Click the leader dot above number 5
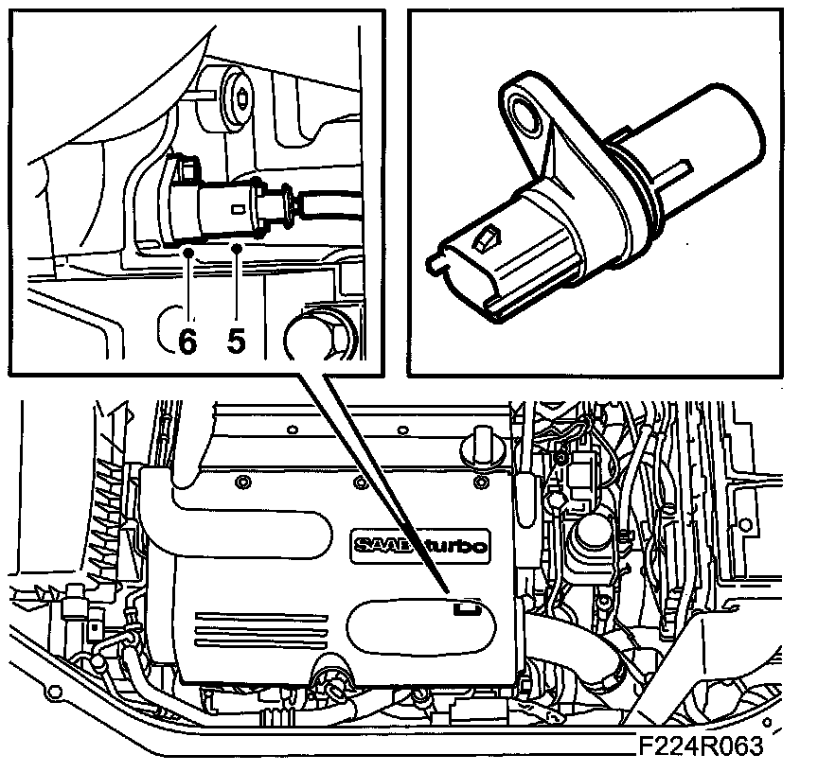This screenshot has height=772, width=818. point(237,248)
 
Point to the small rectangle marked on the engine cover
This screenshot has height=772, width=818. point(464,607)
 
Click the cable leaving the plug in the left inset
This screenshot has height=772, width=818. point(331,199)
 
